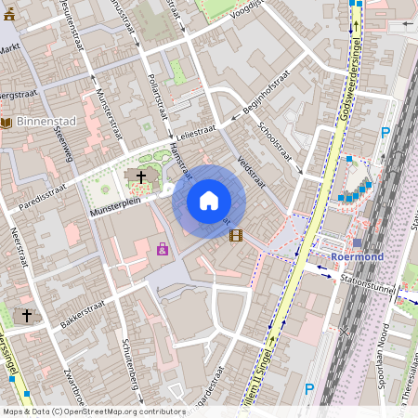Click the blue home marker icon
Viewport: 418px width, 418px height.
[x=209, y=201]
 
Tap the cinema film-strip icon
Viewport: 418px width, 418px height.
[x=236, y=236]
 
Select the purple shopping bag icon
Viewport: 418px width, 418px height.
[x=163, y=249]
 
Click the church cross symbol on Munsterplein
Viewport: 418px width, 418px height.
[x=141, y=176]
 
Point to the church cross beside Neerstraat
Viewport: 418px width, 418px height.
[x=27, y=316]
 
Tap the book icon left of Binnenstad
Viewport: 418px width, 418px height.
[x=7, y=123]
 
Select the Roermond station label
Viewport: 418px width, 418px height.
[x=358, y=256]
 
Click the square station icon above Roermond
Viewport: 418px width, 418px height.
[x=358, y=242]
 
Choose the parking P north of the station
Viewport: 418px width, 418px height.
[x=385, y=133]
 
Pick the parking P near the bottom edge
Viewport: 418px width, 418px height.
[x=309, y=390]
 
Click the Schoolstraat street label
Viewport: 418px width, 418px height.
[x=279, y=145]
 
